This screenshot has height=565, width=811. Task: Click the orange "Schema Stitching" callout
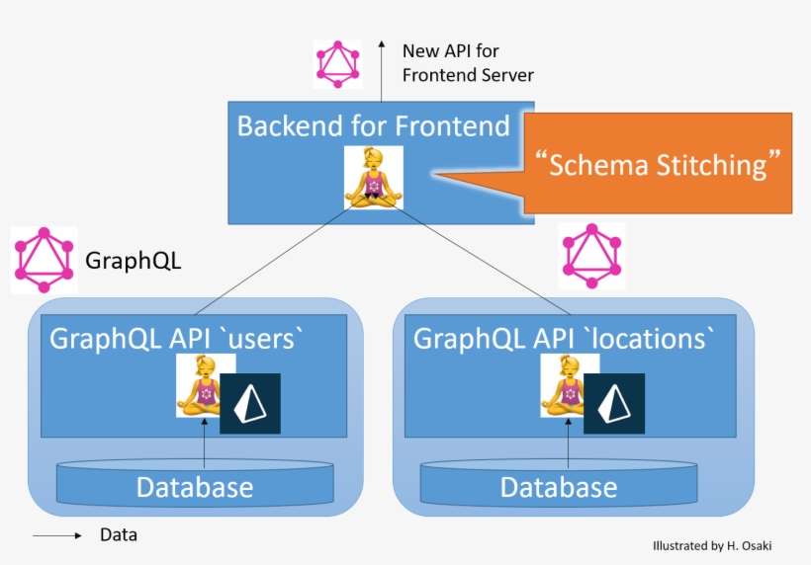tap(658, 164)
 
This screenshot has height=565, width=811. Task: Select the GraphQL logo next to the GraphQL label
tap(44, 260)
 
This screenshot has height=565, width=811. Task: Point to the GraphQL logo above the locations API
tap(591, 256)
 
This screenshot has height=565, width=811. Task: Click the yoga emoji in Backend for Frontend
tap(374, 177)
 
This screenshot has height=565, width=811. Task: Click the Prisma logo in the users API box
tap(250, 403)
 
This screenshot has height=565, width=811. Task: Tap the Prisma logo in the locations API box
tap(614, 403)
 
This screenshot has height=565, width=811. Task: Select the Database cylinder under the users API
tap(195, 483)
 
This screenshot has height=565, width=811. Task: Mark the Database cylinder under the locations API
tap(559, 483)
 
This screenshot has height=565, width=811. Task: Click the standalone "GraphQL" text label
tap(134, 262)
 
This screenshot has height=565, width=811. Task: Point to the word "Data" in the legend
tap(119, 536)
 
